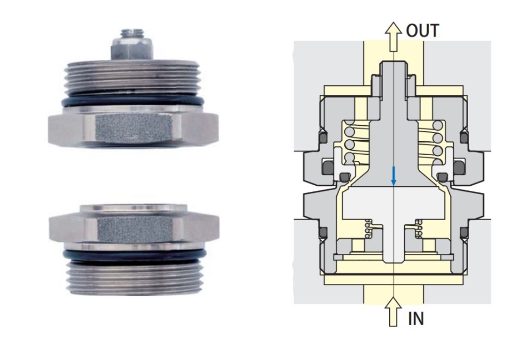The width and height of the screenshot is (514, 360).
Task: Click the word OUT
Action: tap(422, 30)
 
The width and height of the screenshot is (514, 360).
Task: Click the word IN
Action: tap(416, 318)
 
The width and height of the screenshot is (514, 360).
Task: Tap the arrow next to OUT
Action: tap(393, 37)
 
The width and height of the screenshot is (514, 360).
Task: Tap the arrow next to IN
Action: tap(393, 311)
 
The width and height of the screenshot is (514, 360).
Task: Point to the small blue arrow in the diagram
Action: tap(394, 176)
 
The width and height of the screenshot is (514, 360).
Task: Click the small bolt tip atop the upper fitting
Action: tap(132, 32)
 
